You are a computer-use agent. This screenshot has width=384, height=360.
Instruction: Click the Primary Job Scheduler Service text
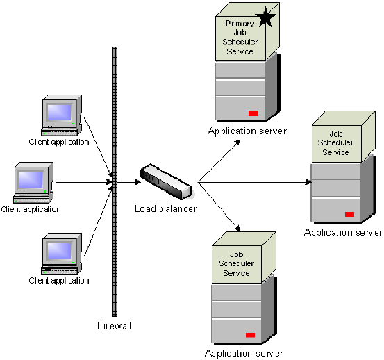click(240, 38)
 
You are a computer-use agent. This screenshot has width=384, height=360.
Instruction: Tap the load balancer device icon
click(165, 180)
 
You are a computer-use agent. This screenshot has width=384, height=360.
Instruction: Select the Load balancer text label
click(166, 208)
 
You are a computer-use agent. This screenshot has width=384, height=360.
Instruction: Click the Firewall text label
click(114, 325)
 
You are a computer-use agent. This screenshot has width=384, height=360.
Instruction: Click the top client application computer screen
click(59, 112)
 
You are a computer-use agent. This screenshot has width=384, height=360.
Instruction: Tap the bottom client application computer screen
click(59, 249)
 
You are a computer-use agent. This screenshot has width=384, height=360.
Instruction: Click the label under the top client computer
click(59, 142)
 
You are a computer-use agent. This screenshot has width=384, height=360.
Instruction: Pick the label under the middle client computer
click(31, 208)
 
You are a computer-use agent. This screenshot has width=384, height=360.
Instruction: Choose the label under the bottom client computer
click(59, 281)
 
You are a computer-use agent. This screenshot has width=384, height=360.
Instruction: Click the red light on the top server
click(253, 113)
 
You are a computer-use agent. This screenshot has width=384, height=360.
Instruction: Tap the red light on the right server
click(349, 214)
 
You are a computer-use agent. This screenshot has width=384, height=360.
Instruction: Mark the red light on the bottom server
click(250, 335)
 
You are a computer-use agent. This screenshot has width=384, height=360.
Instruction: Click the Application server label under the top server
click(247, 131)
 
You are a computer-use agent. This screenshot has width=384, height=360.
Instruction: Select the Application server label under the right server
click(343, 233)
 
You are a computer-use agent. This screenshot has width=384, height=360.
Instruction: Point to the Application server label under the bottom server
click(244, 353)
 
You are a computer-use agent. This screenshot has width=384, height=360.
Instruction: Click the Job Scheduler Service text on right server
click(336, 143)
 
